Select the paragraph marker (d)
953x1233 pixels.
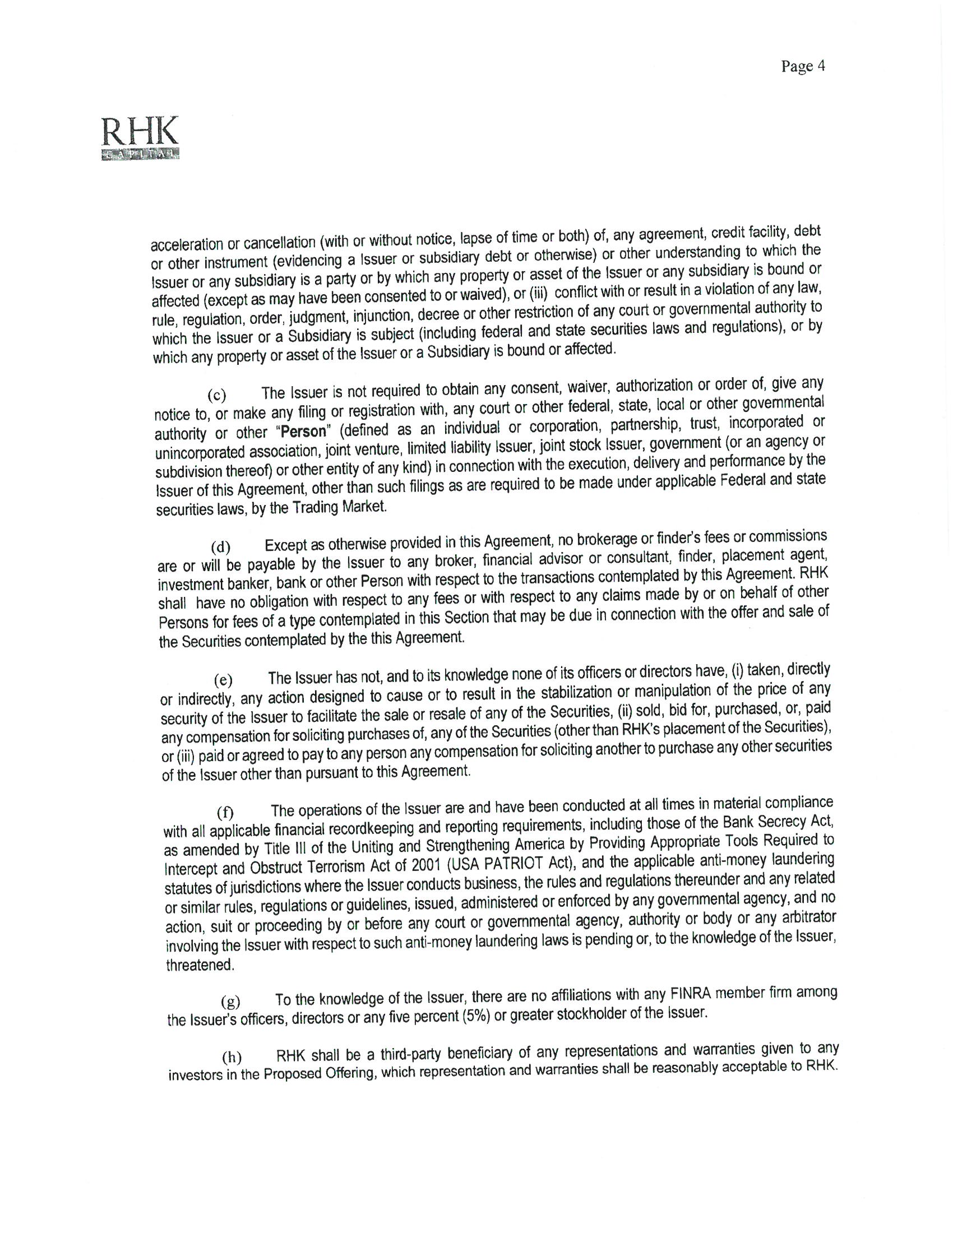(x=220, y=547)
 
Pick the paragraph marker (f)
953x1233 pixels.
(x=225, y=813)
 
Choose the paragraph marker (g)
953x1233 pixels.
(x=230, y=1002)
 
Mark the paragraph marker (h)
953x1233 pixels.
(x=231, y=1057)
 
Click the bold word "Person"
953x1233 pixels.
(x=304, y=432)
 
